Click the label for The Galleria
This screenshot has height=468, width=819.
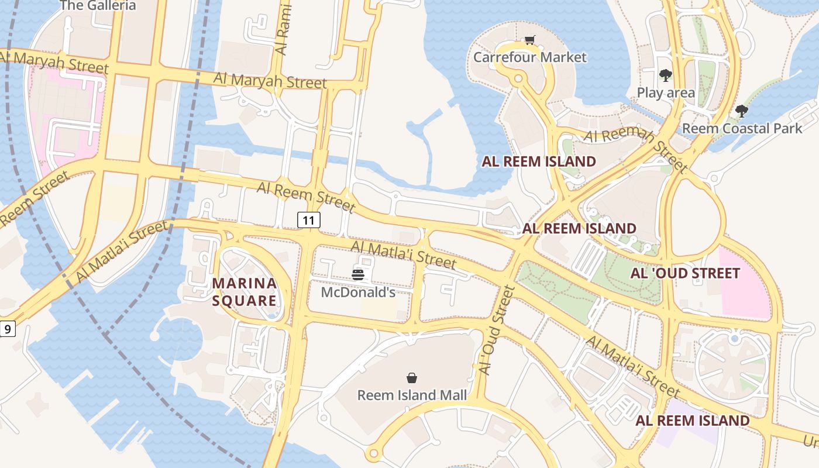98,6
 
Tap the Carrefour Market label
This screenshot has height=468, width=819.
529,57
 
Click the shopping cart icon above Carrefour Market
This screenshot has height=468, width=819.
529,40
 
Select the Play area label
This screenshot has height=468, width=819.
666,92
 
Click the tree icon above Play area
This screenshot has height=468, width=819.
665,75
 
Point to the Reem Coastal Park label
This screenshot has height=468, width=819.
742,128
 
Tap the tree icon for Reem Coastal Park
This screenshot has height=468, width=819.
742,111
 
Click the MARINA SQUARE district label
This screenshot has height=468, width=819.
245,292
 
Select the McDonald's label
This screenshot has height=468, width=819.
358,292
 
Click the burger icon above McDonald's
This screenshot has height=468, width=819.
358,274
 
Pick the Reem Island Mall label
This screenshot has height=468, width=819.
412,395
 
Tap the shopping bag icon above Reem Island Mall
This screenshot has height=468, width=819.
412,378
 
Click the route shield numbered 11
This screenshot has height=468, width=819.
309,220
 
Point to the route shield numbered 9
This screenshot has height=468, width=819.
7,329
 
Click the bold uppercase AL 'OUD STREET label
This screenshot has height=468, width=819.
685,273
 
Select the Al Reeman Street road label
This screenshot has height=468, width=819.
636,150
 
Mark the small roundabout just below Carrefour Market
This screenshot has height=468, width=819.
518,78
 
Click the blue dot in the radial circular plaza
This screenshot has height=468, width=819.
735,339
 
